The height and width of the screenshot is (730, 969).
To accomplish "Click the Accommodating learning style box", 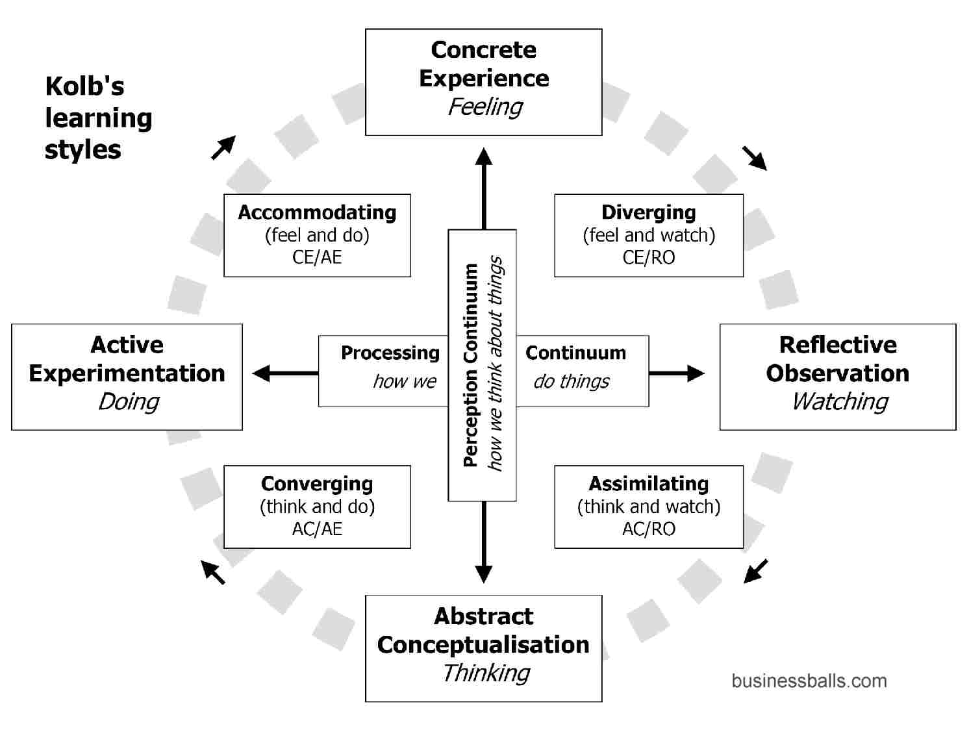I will (317, 235).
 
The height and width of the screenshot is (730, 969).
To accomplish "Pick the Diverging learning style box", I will (648, 235).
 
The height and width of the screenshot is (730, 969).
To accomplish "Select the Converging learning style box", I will (317, 507).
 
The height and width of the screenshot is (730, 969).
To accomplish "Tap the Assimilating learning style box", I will (648, 507).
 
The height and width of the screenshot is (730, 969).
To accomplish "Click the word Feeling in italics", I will (485, 107).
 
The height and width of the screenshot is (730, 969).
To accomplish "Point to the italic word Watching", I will (839, 402).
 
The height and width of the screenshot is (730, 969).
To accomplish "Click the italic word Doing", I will (129, 402).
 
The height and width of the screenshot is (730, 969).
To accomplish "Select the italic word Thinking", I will (486, 673).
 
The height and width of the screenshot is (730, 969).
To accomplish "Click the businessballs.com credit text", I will (809, 681).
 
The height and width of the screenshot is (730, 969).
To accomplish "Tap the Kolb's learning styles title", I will (97, 118).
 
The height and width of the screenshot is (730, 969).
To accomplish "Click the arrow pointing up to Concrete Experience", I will (483, 188).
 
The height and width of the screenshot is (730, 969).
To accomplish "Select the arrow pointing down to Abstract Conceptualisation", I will (483, 542).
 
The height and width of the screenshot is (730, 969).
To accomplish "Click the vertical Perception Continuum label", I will (471, 365).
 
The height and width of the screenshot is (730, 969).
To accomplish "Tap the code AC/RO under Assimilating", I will (648, 529).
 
